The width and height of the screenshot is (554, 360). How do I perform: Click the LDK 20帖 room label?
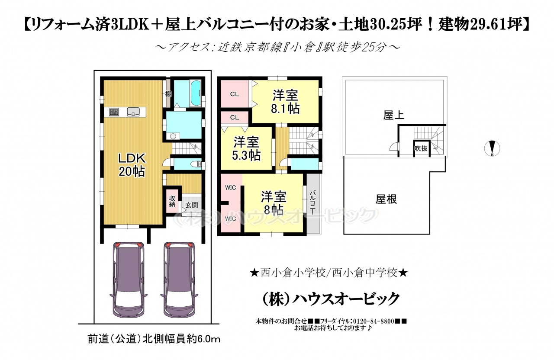pyautogui.click(x=132, y=165)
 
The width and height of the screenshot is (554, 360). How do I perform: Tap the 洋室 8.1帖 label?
pyautogui.click(x=285, y=102)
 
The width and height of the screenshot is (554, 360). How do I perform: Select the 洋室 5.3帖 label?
pyautogui.click(x=246, y=148)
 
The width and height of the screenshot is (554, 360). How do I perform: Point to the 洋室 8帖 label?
pyautogui.click(x=274, y=203)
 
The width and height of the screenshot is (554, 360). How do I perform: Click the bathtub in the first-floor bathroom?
pyautogui.click(x=196, y=93)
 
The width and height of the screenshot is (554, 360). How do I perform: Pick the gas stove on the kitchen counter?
pyautogui.click(x=114, y=112)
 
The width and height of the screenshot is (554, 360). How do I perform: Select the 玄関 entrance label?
pyautogui.click(x=192, y=205)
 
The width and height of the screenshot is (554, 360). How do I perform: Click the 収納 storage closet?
pyautogui.click(x=172, y=201)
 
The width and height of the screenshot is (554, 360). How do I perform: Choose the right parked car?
pyautogui.click(x=179, y=280)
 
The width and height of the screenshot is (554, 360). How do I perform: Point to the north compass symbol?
pyautogui.click(x=492, y=148)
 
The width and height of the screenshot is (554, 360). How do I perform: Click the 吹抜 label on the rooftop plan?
pyautogui.click(x=421, y=148)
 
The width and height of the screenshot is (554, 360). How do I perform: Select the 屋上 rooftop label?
pyautogui.click(x=393, y=115)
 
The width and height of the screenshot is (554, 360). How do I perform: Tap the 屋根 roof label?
pyautogui.click(x=386, y=199)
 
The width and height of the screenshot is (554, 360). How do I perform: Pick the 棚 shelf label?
pyautogui.click(x=168, y=94)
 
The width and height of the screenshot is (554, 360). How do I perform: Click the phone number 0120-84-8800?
pyautogui.click(x=374, y=321)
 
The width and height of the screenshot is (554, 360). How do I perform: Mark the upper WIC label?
pyautogui.click(x=230, y=188)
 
